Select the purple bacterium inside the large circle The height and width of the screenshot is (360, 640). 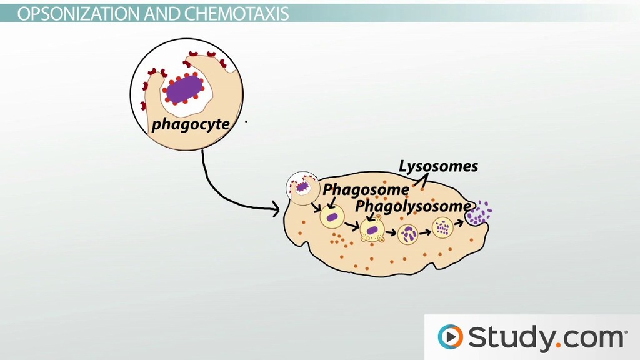(184, 87)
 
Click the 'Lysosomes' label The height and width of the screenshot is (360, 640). (439, 166)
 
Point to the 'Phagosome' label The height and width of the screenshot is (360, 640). (366, 189)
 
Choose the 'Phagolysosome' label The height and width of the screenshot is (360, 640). (412, 206)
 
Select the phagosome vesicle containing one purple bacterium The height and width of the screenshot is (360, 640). (332, 218)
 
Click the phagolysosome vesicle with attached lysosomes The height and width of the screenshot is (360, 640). (372, 230)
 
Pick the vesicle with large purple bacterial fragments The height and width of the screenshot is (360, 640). (409, 235)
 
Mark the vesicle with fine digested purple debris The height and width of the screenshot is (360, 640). (443, 227)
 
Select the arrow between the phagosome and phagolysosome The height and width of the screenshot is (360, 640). (352, 224)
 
